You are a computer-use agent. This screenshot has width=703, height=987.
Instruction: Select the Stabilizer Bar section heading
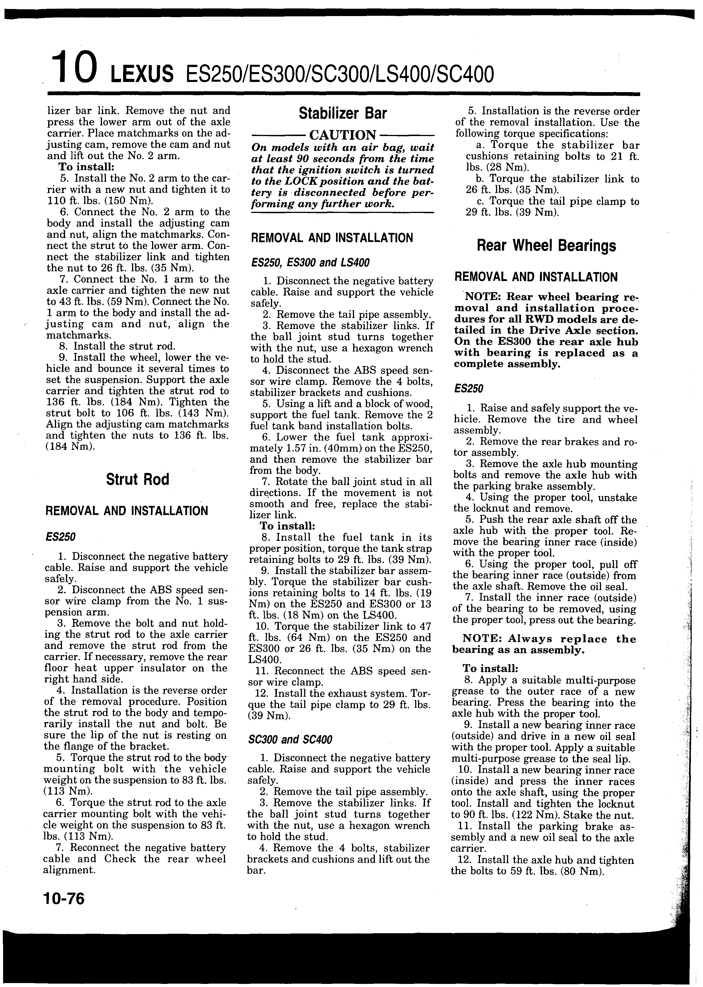tap(342, 114)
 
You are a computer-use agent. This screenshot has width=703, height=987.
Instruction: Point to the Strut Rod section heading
tap(137, 479)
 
